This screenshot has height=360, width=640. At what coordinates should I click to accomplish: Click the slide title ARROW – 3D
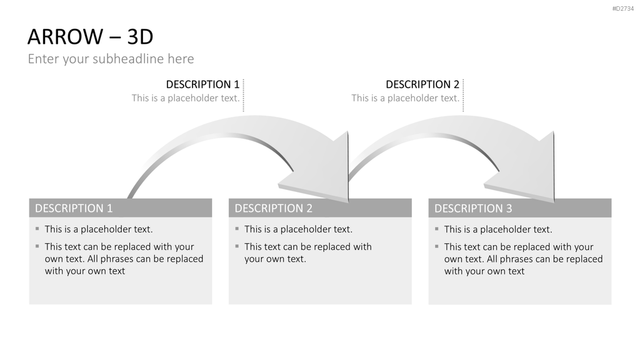tap(90, 37)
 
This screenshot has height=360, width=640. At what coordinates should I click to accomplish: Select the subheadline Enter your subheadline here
tap(111, 59)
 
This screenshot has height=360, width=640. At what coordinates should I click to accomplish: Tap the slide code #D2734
tap(623, 9)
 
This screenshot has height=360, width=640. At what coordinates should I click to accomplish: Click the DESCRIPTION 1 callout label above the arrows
tap(202, 84)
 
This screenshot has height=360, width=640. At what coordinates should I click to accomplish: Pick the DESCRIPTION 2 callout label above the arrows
tap(422, 84)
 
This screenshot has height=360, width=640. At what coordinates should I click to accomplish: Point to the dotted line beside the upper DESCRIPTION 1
tap(243, 95)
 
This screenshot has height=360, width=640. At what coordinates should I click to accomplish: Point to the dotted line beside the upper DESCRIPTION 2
tap(463, 95)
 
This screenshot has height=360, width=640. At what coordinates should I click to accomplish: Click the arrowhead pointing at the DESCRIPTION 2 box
tap(322, 171)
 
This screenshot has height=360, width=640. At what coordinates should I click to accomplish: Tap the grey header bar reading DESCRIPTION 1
tap(121, 208)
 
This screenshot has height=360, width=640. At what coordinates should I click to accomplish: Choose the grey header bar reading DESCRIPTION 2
tap(320, 208)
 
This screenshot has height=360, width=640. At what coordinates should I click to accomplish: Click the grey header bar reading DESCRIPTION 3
tap(519, 208)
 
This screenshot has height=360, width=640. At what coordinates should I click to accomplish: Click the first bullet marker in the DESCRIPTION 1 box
tap(37, 229)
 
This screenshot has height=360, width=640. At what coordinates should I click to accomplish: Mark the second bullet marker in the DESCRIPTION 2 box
tap(237, 246)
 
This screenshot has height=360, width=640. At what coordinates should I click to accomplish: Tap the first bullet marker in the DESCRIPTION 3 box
tap(437, 229)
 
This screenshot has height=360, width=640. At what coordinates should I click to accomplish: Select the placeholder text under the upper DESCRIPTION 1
tap(185, 98)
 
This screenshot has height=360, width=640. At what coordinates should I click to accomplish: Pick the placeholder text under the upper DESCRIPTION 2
tap(405, 98)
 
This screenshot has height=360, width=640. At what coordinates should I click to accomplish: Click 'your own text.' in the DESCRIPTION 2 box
tap(275, 259)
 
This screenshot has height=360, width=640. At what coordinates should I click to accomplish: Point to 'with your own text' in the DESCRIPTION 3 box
tap(484, 271)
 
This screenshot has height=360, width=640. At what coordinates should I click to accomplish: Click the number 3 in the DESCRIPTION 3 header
tap(509, 209)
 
